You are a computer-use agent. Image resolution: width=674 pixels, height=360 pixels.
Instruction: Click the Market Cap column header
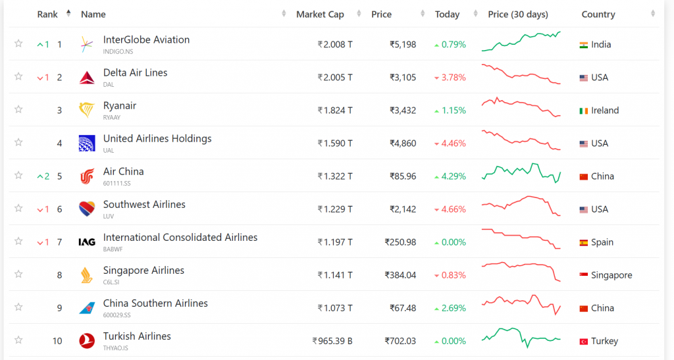[320, 14]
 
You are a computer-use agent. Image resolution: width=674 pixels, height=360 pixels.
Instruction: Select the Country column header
[598, 14]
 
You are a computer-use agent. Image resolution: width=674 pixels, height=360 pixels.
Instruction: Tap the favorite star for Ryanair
[18, 109]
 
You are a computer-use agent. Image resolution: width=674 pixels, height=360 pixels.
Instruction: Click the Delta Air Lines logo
[87, 78]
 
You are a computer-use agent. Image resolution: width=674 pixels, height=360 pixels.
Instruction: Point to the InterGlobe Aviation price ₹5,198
[403, 45]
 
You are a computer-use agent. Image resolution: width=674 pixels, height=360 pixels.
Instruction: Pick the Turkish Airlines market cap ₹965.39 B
[332, 341]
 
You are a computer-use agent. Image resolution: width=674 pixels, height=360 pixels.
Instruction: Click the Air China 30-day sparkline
[521, 174]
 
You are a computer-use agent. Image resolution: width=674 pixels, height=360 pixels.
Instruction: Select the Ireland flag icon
[583, 111]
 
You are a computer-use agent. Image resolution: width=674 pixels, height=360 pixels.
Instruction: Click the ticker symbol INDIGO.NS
[118, 51]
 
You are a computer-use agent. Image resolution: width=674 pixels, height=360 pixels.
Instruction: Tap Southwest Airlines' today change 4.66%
[454, 209]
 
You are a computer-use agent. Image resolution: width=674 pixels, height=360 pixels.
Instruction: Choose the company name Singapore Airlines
[143, 270]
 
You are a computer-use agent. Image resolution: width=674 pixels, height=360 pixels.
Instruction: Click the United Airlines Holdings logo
[87, 143]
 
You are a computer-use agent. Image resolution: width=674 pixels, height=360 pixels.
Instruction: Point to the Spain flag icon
[583, 242]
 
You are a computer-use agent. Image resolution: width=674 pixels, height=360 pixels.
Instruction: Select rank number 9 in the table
[59, 308]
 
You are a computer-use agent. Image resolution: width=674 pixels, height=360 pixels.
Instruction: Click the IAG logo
[87, 242]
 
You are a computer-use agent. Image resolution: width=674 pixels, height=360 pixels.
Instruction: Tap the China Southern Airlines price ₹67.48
[400, 308]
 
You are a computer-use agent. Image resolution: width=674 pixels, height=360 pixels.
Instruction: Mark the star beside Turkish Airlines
[18, 340]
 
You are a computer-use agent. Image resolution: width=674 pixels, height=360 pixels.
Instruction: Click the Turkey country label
[605, 341]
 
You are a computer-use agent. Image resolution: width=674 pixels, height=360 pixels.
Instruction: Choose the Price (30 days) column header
[518, 14]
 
